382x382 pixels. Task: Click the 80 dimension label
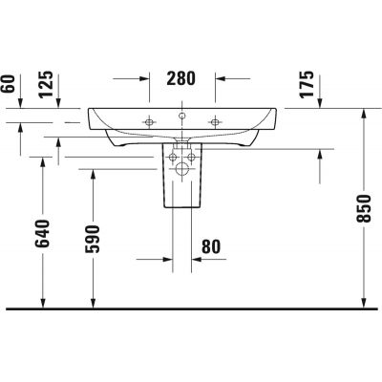pos(211,246)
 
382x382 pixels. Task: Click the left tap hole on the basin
pos(149,121)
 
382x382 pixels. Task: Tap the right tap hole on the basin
pos(216,121)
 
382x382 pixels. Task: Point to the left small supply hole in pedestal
pos(172,156)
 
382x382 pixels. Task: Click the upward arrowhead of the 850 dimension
pos(365,113)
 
